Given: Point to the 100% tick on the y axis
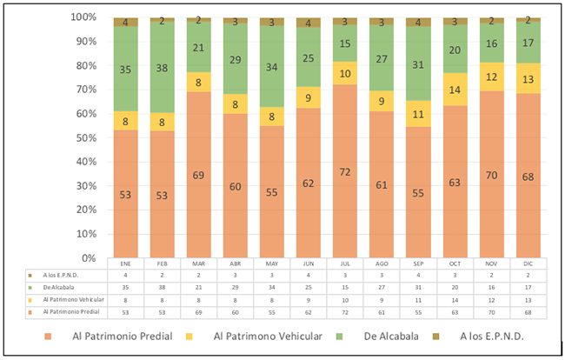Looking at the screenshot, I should click(89, 17).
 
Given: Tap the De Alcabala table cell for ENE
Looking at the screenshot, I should click(125, 286).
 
